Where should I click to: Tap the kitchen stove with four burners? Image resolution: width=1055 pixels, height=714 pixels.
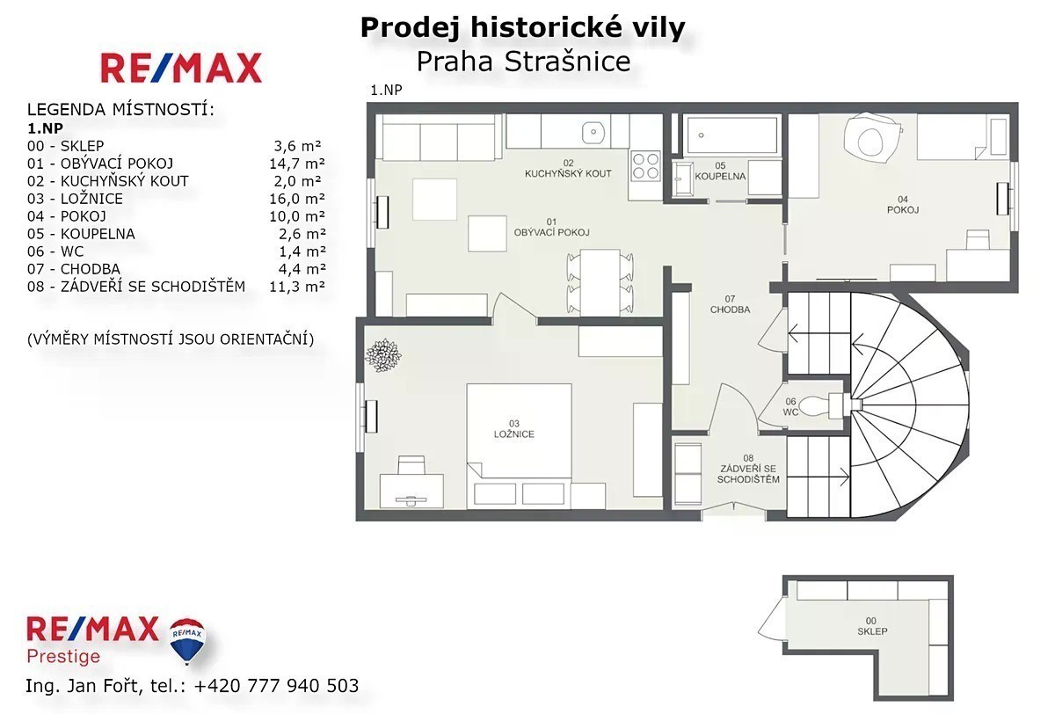click(x=645, y=166)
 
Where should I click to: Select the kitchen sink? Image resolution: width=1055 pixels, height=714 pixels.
click(x=593, y=132)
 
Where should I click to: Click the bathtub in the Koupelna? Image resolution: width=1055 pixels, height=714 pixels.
click(x=732, y=135)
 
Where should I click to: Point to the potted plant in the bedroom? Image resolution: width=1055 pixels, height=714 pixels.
click(x=383, y=355)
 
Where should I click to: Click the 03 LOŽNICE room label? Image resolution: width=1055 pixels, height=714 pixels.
click(x=513, y=429)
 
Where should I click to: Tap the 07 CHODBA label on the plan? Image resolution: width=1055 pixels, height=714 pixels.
click(x=730, y=304)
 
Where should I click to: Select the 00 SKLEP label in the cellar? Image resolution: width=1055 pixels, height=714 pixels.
click(x=872, y=626)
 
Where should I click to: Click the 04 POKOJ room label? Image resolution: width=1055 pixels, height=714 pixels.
click(x=903, y=204)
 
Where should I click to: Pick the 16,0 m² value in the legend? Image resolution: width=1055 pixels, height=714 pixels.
click(x=297, y=199)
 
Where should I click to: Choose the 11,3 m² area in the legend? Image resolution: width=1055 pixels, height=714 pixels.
click(x=297, y=287)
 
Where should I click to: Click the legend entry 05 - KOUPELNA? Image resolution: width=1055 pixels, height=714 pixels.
click(x=81, y=234)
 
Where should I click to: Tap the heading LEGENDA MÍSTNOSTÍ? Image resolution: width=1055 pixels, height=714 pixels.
click(x=120, y=109)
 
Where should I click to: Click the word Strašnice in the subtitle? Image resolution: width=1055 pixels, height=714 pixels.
click(x=567, y=62)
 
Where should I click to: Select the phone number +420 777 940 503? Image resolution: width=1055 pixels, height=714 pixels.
click(x=276, y=686)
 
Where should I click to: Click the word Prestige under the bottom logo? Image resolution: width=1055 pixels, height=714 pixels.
click(x=63, y=657)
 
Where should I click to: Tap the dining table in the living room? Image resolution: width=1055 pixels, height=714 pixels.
click(x=600, y=283)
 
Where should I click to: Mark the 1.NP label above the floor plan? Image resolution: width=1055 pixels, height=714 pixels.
click(x=386, y=90)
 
